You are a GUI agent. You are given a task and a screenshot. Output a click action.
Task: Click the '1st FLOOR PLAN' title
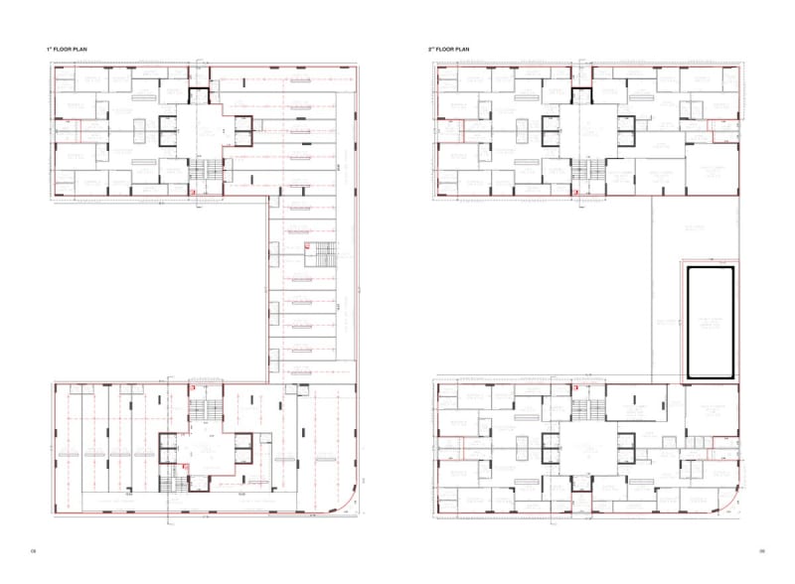pos(67,49)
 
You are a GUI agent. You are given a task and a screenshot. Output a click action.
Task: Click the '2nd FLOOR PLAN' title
pos(448,49)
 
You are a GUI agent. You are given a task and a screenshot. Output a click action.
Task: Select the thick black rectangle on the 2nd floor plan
pos(708,322)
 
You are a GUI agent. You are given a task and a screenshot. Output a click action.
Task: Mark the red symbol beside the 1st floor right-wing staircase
pos(308,244)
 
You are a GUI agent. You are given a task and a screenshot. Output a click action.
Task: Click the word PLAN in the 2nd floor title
pos(461,49)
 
